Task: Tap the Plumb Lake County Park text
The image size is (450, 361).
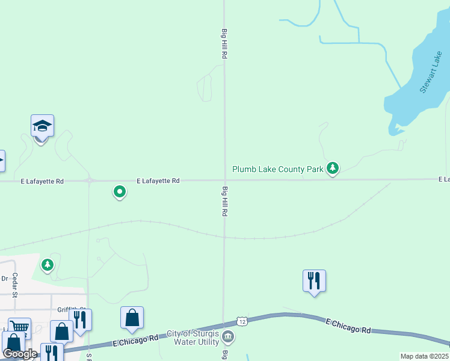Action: [278, 170]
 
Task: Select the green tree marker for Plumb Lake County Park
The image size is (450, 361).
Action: [332, 168]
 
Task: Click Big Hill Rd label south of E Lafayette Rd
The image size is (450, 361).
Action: [224, 202]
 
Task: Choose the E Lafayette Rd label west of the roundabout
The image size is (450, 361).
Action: [42, 180]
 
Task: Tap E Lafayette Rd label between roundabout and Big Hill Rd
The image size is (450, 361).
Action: [158, 180]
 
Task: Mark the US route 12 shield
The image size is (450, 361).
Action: [242, 321]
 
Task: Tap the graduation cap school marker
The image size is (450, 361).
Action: [42, 126]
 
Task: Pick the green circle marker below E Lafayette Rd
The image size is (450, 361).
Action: [120, 192]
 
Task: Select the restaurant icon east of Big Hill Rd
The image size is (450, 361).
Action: [314, 280]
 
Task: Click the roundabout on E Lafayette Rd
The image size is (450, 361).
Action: [89, 180]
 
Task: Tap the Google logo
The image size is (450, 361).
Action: [20, 354]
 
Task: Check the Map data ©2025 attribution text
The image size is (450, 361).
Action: [424, 356]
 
